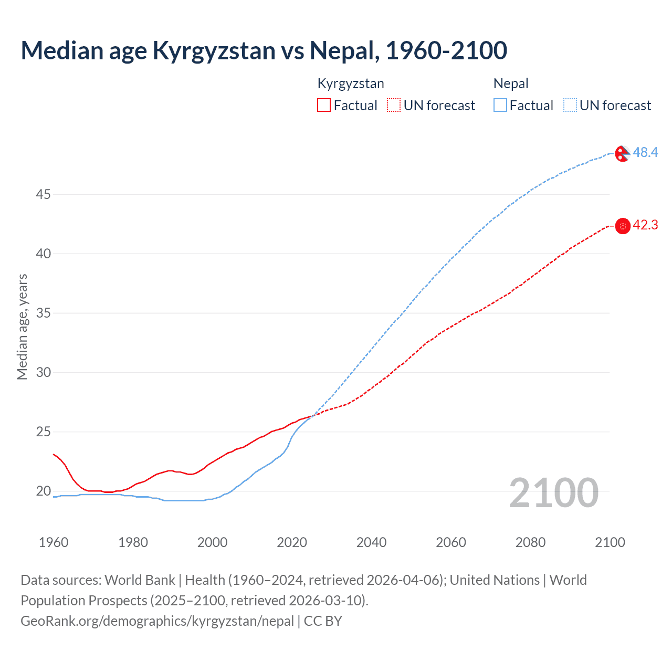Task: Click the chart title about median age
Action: tap(264, 50)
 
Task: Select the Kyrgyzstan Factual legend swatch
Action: tap(324, 106)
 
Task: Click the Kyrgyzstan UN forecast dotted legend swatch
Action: tap(394, 106)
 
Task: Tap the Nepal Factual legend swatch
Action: tap(500, 106)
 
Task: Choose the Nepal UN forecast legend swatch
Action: tap(570, 106)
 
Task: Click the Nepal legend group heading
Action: tap(511, 83)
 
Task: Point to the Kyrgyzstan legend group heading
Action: tap(351, 83)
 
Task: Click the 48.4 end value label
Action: tap(645, 153)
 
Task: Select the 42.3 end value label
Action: tap(645, 225)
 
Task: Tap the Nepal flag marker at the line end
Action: tap(622, 154)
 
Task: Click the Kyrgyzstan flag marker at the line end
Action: tap(623, 226)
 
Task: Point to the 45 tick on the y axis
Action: tap(43, 195)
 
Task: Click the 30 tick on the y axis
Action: tap(43, 373)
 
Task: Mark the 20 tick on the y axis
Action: tap(43, 491)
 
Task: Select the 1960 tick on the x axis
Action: tap(54, 542)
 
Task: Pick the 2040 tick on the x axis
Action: tap(371, 542)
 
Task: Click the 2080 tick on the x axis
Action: tap(530, 542)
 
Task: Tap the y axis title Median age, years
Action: tap(22, 327)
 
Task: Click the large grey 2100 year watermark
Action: tap(553, 492)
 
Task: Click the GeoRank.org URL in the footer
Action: tap(157, 621)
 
